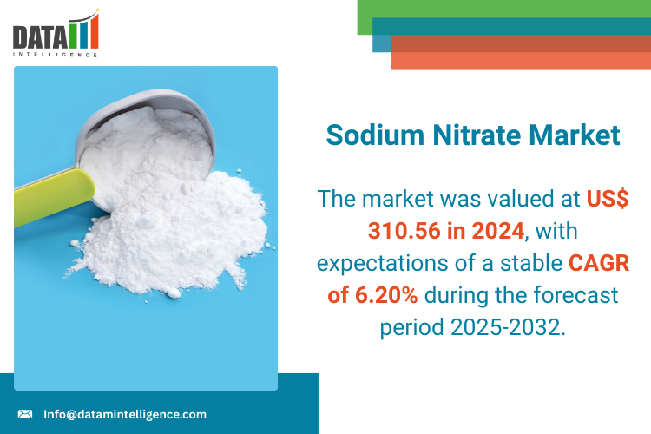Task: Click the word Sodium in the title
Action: point(375,135)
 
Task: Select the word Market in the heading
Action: point(575,135)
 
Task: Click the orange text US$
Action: point(608,199)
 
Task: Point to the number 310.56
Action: point(404,231)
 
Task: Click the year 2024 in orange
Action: point(498,231)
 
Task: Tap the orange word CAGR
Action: point(599,263)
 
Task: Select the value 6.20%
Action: point(386,295)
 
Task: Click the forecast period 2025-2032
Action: point(507,327)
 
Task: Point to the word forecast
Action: point(575,295)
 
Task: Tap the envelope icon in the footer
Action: point(25,414)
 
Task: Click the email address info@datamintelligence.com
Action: point(125,415)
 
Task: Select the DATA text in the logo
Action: point(40,37)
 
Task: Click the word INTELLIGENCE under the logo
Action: point(56,55)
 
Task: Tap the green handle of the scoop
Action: point(53,197)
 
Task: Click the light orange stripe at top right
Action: point(521,61)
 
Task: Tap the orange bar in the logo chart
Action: point(95,31)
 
